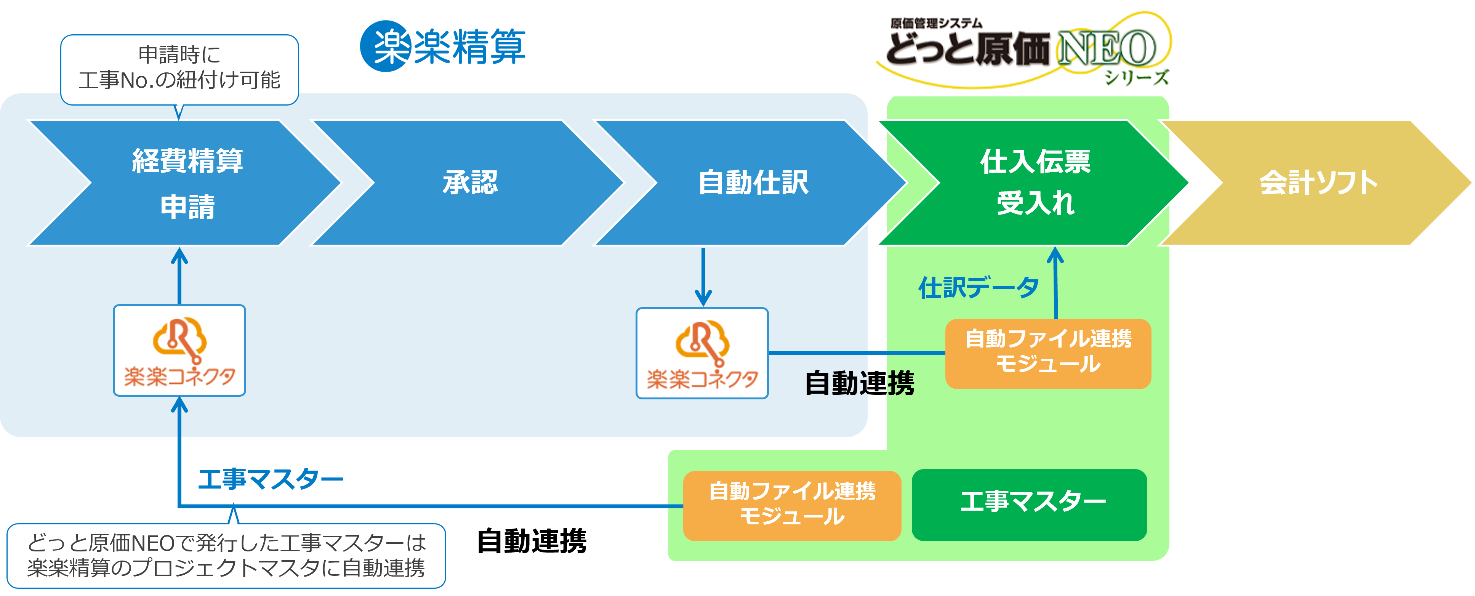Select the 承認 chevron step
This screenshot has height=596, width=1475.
click(x=469, y=183)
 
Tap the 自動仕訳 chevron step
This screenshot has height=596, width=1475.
click(x=753, y=183)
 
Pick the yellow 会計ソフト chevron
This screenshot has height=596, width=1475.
click(x=1317, y=183)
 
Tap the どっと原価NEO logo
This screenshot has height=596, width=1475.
click(x=1020, y=49)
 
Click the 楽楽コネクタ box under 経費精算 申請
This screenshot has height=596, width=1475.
click(x=179, y=350)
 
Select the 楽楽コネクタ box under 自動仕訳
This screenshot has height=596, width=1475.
click(x=702, y=353)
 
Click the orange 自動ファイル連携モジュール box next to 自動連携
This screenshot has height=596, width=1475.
click(x=1048, y=353)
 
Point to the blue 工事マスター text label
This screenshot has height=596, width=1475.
click(x=270, y=479)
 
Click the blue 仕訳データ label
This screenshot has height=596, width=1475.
click(x=978, y=287)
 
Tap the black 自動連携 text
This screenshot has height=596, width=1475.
click(x=859, y=383)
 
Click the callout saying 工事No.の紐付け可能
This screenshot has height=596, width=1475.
click(x=179, y=69)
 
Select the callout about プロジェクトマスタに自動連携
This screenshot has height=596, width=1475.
click(x=226, y=555)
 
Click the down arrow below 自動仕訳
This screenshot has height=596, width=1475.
click(x=703, y=278)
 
